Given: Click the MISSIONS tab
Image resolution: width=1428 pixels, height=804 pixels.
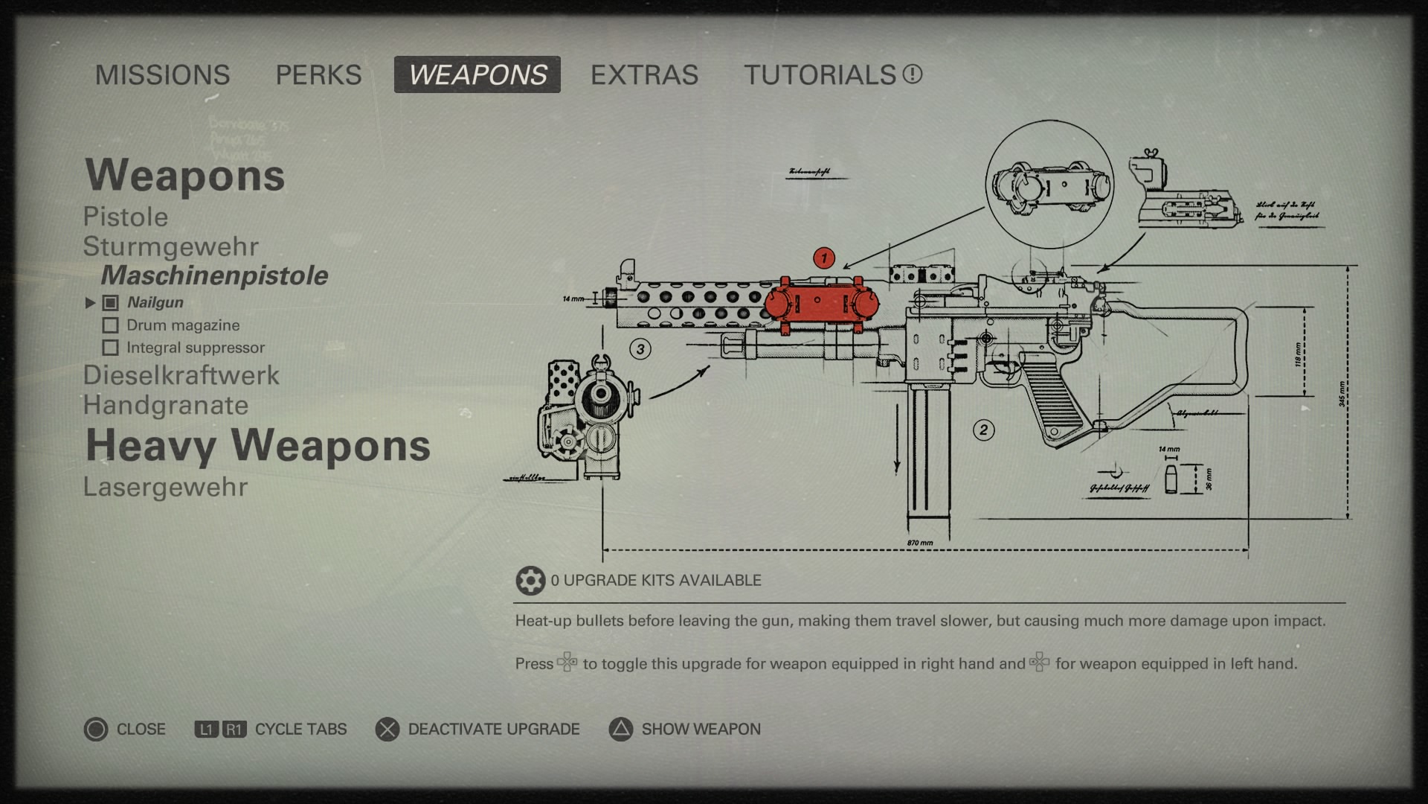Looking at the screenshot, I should point(162,75).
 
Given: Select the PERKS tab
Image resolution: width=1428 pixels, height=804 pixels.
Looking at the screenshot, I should point(318,75).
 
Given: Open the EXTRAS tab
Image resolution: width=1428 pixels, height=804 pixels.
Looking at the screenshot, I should point(644,75).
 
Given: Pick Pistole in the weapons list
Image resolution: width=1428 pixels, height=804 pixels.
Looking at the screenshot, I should point(126,217).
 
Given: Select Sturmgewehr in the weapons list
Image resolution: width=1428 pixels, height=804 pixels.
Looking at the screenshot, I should point(171,247).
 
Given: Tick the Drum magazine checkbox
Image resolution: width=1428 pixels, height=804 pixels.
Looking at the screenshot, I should point(111,325).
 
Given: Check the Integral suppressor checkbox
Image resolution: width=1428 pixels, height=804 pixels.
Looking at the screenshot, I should point(111,348).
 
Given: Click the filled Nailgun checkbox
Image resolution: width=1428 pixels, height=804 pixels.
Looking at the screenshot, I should point(111,303).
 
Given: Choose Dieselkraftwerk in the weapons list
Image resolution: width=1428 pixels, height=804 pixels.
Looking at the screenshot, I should point(181,375).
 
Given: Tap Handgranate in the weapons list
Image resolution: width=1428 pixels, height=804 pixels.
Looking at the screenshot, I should point(166,406).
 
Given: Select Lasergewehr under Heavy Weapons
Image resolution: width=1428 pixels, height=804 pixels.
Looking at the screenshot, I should point(165,487).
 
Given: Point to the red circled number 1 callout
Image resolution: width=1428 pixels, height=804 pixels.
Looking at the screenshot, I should point(823,258).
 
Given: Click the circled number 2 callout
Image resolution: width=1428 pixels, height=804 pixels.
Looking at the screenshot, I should point(983,430).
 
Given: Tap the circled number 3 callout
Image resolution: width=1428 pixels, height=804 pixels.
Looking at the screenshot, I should point(640,348).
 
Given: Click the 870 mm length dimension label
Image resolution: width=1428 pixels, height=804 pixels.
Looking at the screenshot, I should point(920,543).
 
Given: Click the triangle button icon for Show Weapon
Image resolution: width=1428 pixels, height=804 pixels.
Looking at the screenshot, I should point(621,730).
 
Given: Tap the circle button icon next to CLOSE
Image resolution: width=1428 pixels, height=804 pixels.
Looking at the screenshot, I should point(96,730).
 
